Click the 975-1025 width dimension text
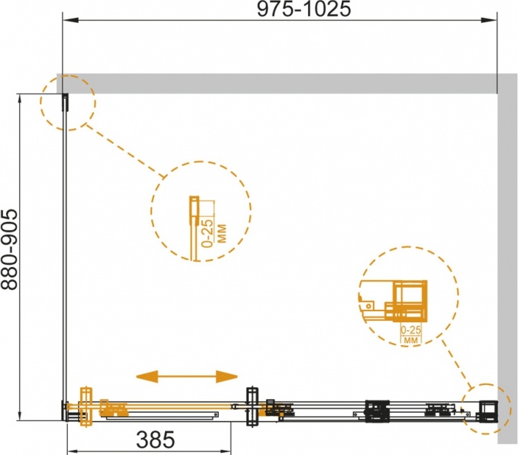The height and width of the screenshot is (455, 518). [304, 9]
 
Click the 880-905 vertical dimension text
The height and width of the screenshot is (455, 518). [9, 250]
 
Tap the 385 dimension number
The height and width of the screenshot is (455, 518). [155, 440]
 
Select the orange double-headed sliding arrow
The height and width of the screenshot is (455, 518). [187, 376]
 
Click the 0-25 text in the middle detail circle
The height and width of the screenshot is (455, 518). [208, 233]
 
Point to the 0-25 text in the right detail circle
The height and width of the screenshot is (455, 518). [411, 330]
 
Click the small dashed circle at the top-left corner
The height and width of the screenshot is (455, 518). [68, 102]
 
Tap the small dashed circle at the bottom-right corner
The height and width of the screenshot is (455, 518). [484, 409]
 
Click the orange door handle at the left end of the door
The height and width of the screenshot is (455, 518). [86, 407]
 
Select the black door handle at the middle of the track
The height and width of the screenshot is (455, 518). [252, 407]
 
